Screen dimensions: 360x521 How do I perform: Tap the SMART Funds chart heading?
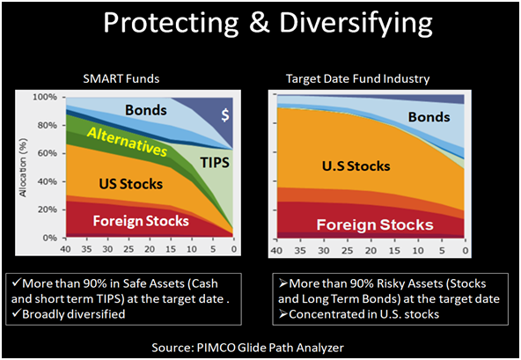136,79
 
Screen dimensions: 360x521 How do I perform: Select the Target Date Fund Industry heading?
356,79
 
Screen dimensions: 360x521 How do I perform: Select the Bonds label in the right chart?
429,117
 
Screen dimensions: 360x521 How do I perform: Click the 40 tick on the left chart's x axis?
65,248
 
